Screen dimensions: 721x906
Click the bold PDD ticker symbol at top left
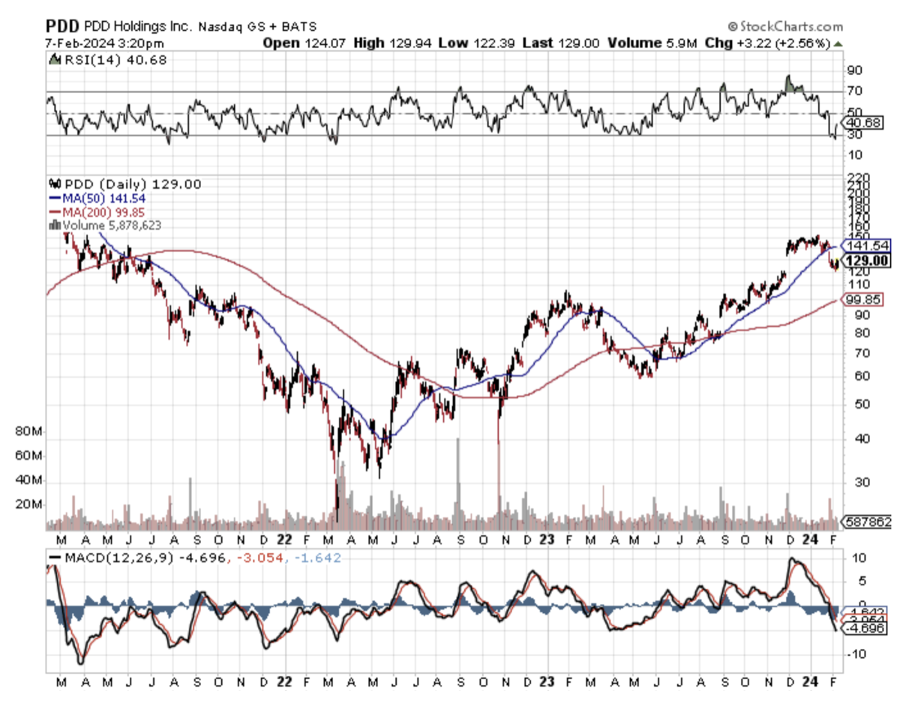59,27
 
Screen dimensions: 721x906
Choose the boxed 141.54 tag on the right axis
867,245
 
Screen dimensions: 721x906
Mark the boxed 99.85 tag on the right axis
867,300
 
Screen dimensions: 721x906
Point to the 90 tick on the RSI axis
853,70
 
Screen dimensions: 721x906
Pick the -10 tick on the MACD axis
855,654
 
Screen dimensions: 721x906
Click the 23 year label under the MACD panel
547,682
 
